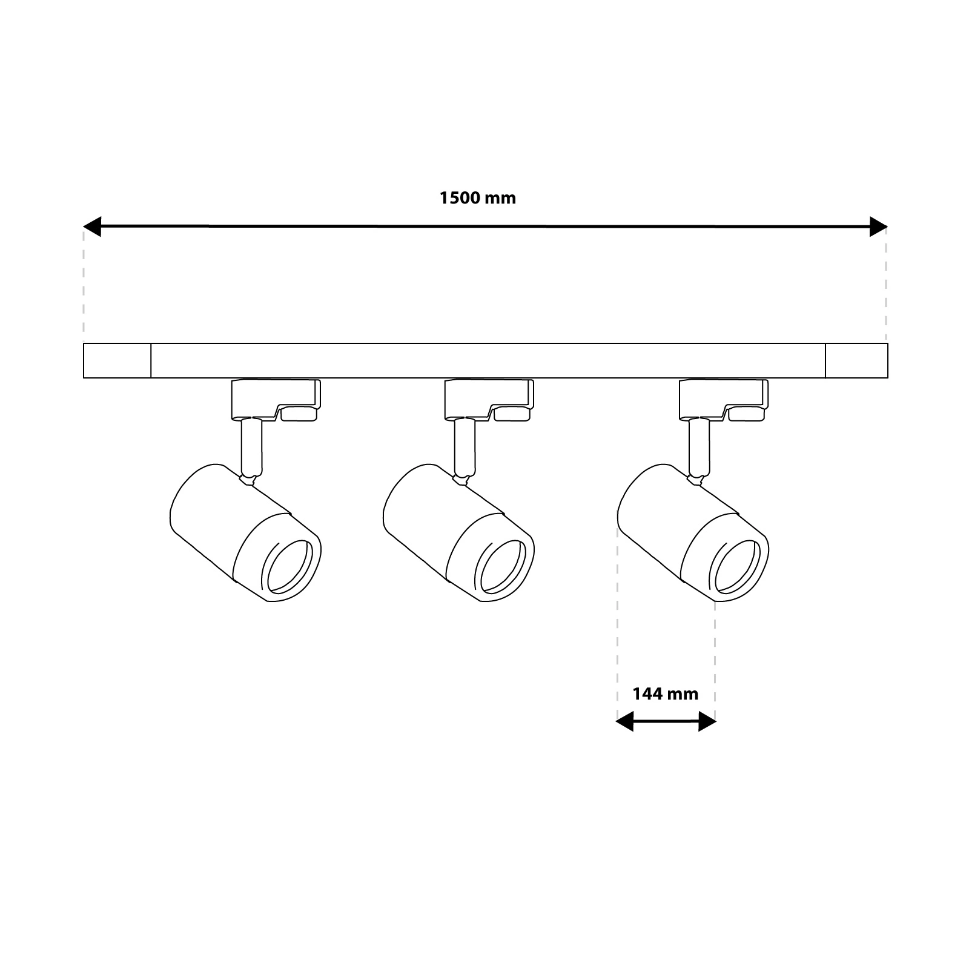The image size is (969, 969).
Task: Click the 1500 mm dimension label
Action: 478,198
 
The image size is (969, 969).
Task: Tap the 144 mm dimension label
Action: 666,693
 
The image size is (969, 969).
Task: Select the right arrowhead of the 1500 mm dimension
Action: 878,227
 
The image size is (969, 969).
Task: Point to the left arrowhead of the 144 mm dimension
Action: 625,721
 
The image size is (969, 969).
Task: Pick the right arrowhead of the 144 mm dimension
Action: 707,721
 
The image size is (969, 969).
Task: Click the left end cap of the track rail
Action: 117,361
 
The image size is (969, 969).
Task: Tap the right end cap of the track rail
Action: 857,361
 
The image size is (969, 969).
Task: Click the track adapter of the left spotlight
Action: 276,400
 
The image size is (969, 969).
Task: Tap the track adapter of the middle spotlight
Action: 489,400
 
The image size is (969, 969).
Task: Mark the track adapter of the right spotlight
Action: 724,400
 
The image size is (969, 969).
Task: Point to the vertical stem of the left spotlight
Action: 252,448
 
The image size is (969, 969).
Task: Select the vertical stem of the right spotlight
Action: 699,448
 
